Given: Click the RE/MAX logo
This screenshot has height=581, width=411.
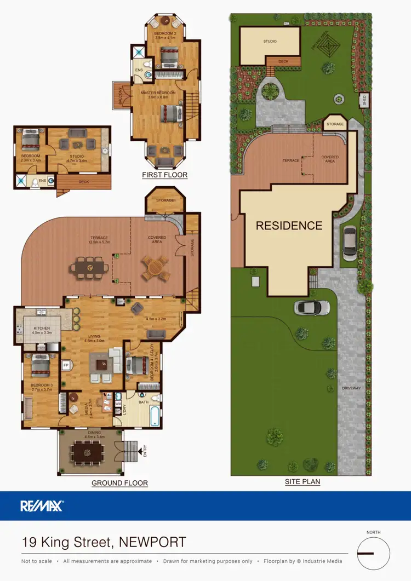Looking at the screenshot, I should tap(42, 506).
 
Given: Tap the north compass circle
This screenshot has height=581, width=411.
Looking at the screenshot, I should tap(373, 554).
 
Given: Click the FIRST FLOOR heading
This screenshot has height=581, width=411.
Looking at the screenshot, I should tap(164, 175).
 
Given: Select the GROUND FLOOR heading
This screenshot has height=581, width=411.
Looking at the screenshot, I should tap(119, 483).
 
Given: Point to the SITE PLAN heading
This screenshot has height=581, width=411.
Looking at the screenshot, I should tap(302, 482).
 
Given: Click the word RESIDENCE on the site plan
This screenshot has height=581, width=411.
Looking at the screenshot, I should tap(289, 225).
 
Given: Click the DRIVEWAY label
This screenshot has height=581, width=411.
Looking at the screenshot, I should tap(352, 388).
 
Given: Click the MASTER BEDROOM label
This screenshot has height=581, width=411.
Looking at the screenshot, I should tap(158, 93).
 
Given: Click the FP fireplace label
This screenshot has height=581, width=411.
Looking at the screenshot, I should tap(66, 365).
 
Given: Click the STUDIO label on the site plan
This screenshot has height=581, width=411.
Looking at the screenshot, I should tap(270, 41).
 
